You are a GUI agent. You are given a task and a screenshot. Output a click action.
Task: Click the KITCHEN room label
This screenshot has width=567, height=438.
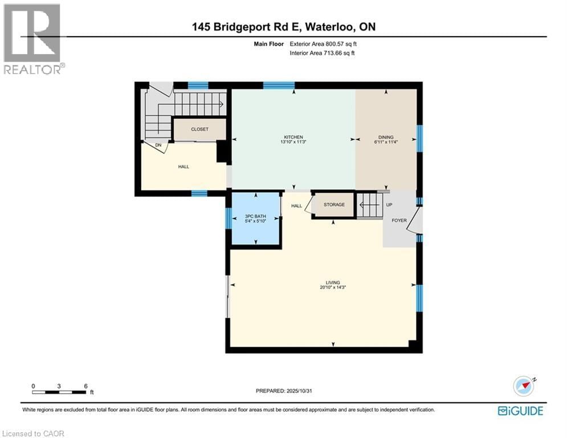(293, 137)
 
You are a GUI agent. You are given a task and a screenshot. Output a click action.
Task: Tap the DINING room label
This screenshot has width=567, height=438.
(386, 137)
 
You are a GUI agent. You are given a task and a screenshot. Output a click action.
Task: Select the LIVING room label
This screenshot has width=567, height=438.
(333, 282)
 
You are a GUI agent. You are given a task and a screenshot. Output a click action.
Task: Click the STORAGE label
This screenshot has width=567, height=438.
(334, 205)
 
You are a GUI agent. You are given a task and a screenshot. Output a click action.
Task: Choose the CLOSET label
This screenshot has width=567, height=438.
(199, 129)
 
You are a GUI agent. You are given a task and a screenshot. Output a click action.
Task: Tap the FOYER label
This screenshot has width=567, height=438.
(399, 220)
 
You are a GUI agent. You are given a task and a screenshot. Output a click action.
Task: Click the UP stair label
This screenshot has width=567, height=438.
(389, 205)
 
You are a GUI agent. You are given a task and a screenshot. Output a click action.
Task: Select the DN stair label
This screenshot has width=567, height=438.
(158, 145)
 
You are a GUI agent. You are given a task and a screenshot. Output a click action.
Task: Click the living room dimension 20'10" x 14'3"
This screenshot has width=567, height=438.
(333, 287)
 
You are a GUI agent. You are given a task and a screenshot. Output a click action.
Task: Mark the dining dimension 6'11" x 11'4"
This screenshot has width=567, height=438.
(386, 143)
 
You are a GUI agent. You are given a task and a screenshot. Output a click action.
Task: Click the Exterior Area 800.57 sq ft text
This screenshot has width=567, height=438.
(324, 43)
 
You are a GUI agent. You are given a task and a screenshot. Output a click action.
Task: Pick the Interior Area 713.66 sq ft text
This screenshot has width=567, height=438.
(323, 53)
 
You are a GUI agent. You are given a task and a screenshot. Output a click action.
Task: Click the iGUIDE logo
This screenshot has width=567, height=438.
(520, 411)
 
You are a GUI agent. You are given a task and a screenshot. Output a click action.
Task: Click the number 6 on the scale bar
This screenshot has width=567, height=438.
(85, 386)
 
